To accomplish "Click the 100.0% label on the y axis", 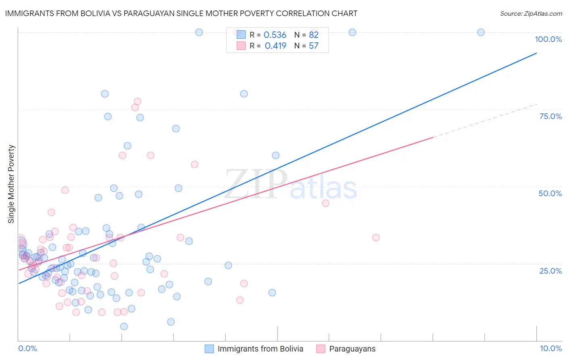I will point(548,39).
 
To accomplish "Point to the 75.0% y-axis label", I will point(550,116).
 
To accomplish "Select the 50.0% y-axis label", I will point(550,193).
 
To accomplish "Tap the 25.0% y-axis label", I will point(550,271).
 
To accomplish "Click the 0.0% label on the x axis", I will point(27,348).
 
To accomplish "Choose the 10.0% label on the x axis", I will point(550,348).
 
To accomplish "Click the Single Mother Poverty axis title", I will point(11,184).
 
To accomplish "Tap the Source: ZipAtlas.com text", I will point(531,13).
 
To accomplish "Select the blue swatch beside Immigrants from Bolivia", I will point(209,349).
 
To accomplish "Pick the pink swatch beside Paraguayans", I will point(321,349).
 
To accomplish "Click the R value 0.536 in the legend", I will point(275,35).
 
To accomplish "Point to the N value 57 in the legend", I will point(313,46).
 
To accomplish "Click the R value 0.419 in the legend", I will point(275,46).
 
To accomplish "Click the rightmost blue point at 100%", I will point(481,32).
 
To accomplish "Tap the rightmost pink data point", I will point(376,238).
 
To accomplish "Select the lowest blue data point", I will point(124,327).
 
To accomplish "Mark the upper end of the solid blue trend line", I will point(536,53).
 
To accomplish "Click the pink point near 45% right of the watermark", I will point(325,203).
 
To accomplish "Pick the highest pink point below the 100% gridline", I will point(138,101).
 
